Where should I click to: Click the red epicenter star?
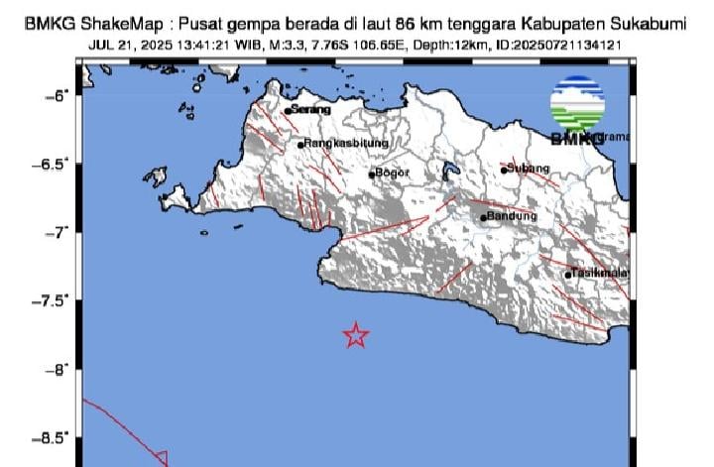pos(356,335)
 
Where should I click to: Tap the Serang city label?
pos(311,110)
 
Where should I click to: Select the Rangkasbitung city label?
pos(340,144)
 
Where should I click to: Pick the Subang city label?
pos(529,169)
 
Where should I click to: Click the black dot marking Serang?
pos(288,111)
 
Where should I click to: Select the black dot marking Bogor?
pos(372,175)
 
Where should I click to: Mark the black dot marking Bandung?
pos(484,217)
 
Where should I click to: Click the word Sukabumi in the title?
pos(651,24)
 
